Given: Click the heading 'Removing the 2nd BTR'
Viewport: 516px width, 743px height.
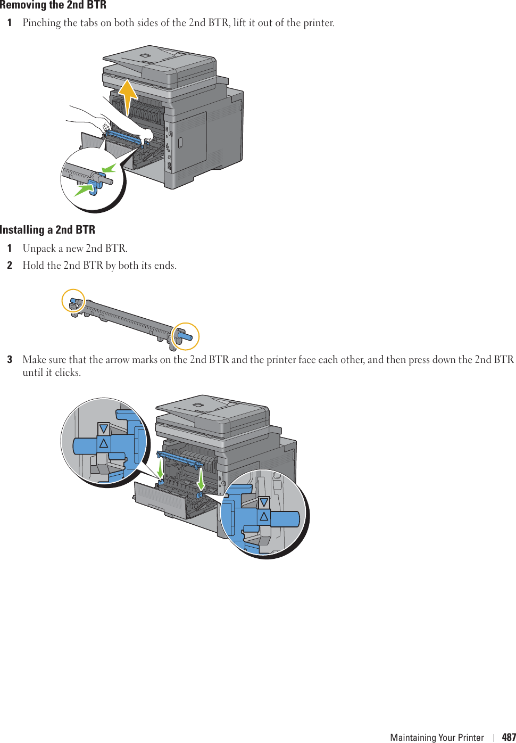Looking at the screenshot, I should pyautogui.click(x=53, y=5).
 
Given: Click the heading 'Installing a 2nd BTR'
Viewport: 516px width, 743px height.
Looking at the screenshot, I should pyautogui.click(x=48, y=230).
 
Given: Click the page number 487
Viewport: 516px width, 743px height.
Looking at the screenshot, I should pyautogui.click(x=509, y=737).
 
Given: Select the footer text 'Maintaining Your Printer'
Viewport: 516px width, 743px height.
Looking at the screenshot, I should pyautogui.click(x=437, y=737).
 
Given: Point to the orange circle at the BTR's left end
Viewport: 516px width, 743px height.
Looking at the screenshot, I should pyautogui.click(x=73, y=301).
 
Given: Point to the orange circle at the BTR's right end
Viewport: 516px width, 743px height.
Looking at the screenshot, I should pyautogui.click(x=185, y=336).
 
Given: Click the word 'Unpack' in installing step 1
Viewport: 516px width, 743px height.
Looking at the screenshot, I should pyautogui.click(x=39, y=249).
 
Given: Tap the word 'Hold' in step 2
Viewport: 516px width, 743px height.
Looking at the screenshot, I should pyautogui.click(x=34, y=266).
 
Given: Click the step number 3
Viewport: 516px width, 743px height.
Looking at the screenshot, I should pyautogui.click(x=10, y=360).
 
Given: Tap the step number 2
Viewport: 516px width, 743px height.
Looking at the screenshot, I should pyautogui.click(x=10, y=266).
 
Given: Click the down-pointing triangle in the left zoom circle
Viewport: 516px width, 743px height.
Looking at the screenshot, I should pyautogui.click(x=104, y=429).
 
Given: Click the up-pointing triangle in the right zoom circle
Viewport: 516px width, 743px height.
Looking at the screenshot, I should pyautogui.click(x=264, y=516).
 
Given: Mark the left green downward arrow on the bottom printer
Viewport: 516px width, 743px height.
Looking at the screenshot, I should pyautogui.click(x=160, y=468).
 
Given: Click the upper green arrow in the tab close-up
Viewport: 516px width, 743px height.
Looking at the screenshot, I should pyautogui.click(x=109, y=169).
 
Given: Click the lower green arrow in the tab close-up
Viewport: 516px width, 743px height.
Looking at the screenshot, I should pyautogui.click(x=82, y=188).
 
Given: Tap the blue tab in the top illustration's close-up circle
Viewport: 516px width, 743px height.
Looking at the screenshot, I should pyautogui.click(x=96, y=184).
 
